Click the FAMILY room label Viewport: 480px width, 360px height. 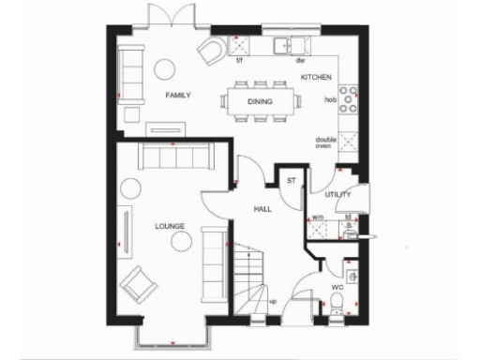pos(177,96)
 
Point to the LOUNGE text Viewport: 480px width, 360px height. pos(170,226)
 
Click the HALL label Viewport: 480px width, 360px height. pos(263,208)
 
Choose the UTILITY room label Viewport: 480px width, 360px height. pos(337,195)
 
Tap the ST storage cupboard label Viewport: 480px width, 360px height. pos(291,180)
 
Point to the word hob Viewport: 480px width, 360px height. pos(330,97)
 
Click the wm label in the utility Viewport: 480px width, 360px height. pos(319,217)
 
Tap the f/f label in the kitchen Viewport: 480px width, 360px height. pos(239,61)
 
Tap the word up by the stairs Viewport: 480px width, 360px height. pos(273,300)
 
